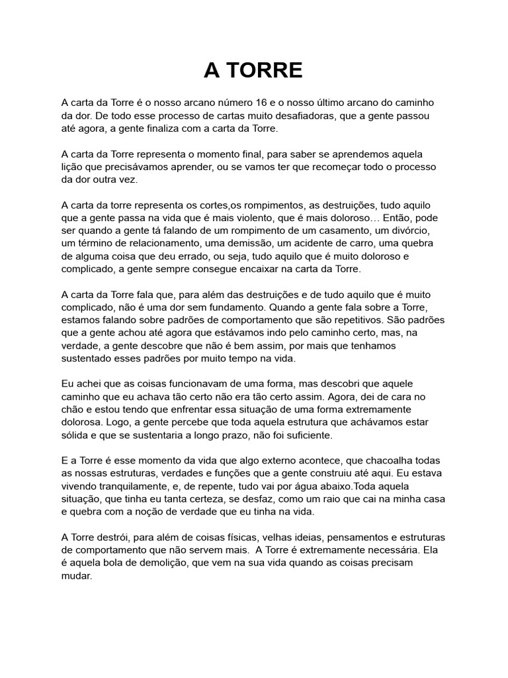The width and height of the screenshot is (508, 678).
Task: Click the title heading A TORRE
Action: [253, 70]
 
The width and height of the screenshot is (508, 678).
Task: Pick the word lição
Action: [74, 167]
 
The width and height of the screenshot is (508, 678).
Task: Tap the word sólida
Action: [75, 436]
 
